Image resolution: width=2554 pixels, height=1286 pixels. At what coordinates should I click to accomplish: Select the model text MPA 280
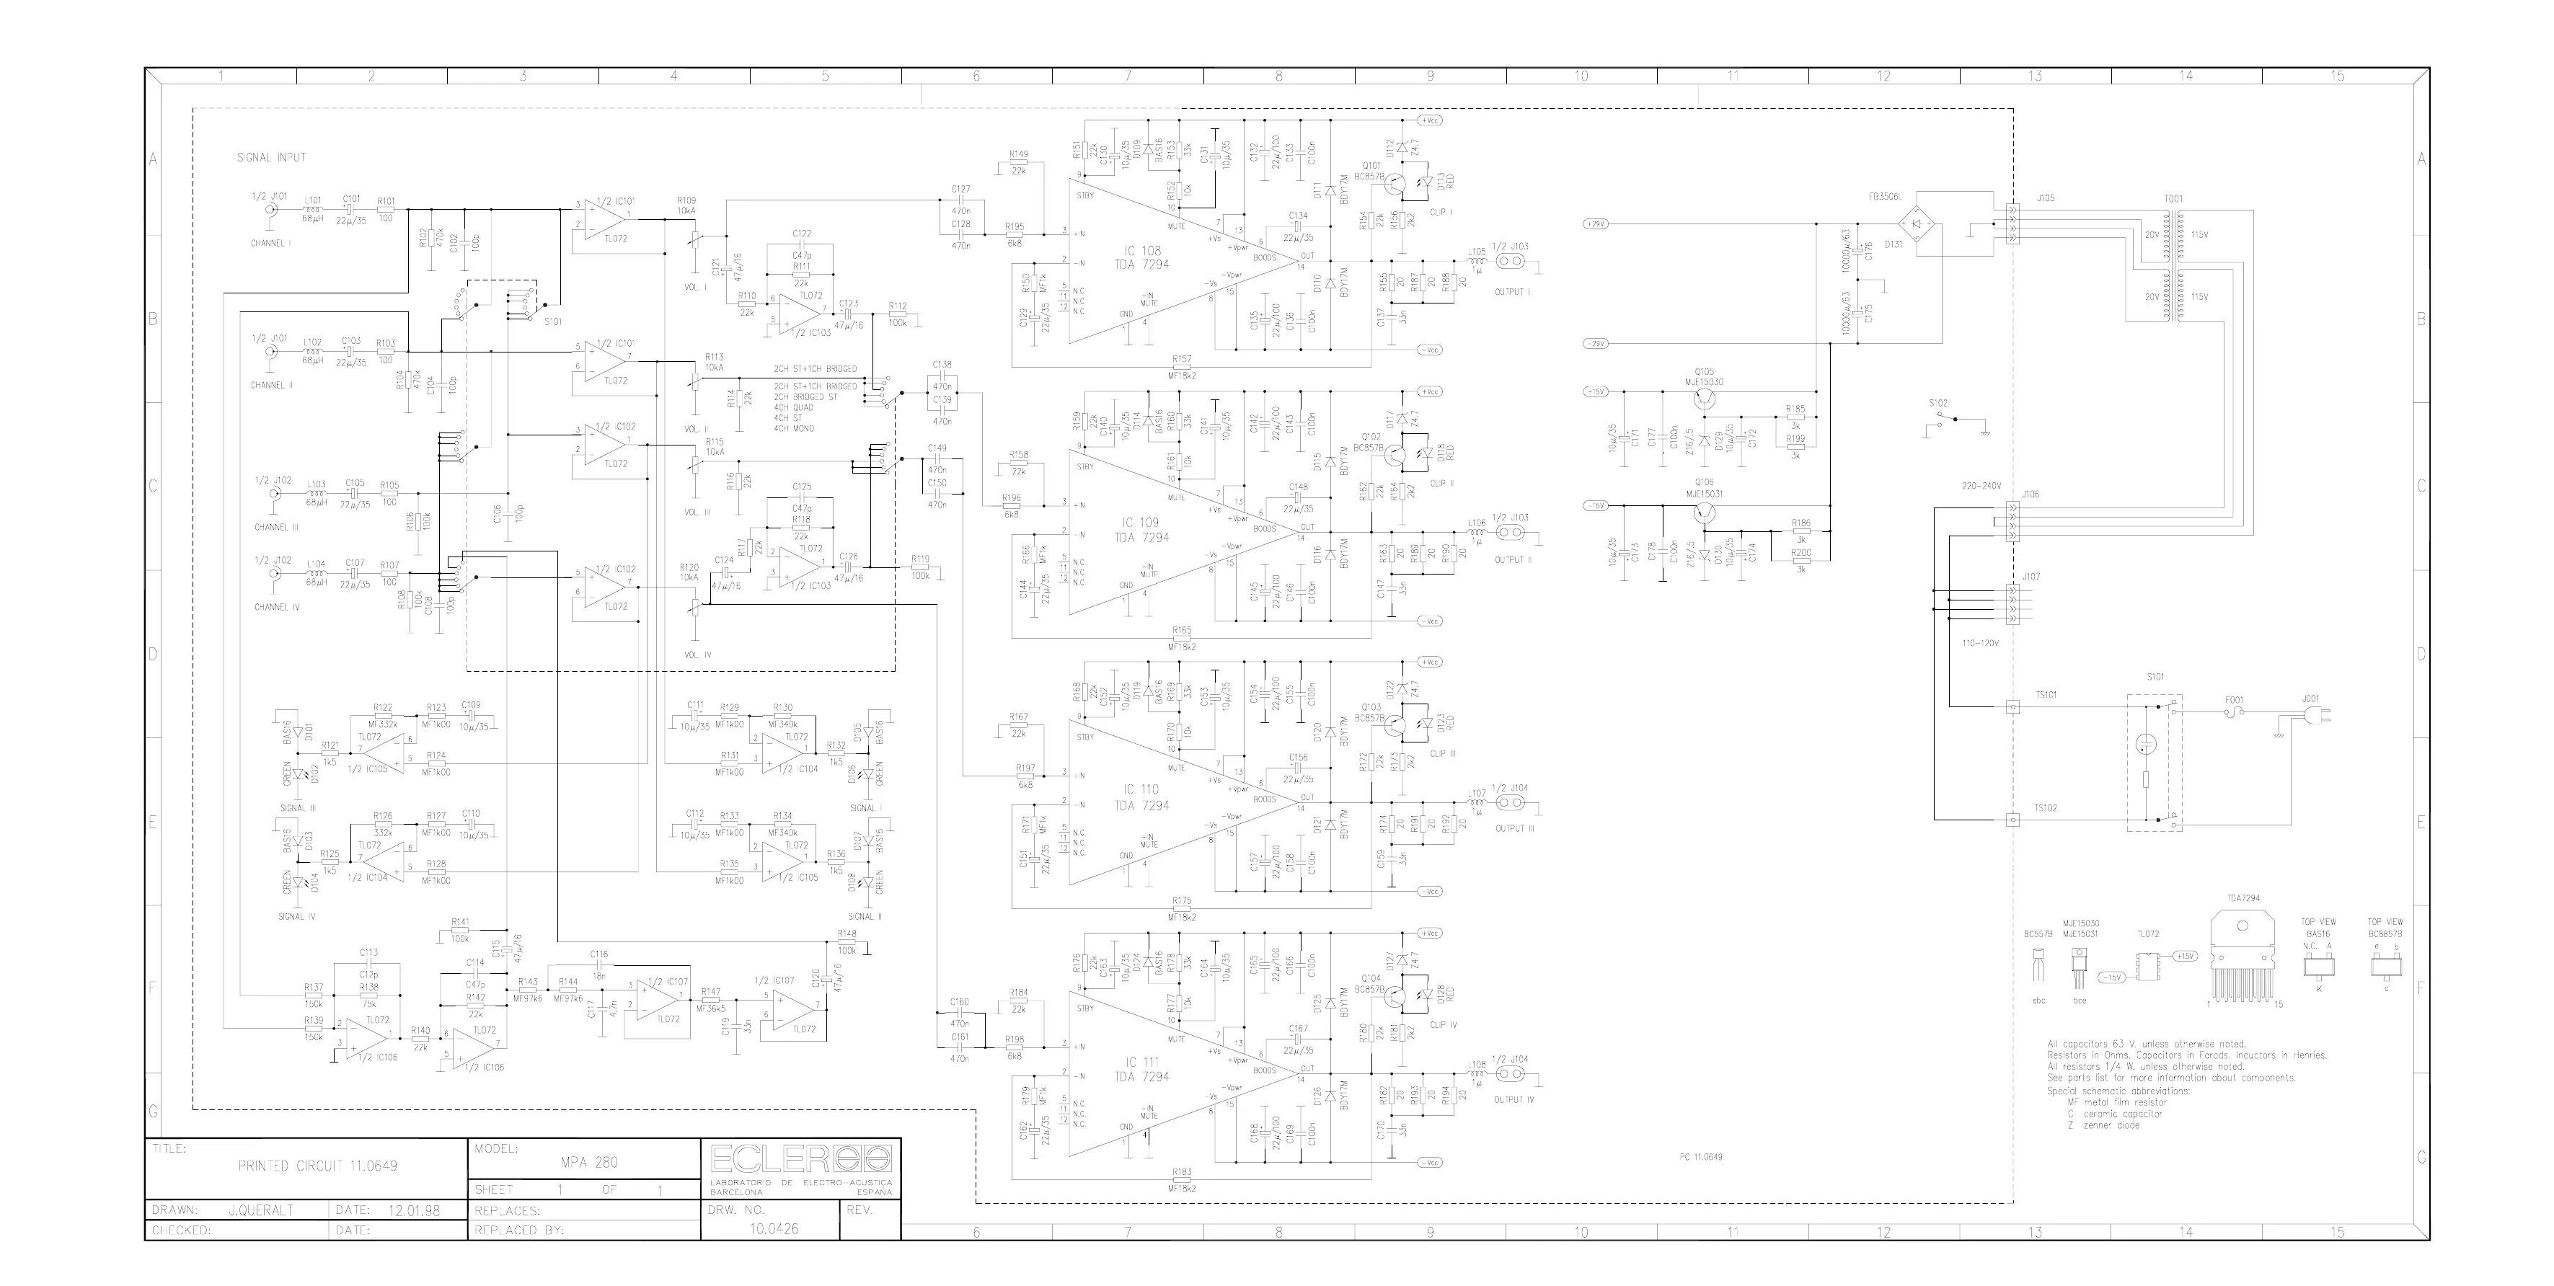[x=592, y=1162]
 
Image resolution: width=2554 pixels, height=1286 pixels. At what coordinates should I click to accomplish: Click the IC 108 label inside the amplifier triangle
[x=1141, y=252]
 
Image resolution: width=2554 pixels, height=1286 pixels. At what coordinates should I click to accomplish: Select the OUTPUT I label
[x=1512, y=293]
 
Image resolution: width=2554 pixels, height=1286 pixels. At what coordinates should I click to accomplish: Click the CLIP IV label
[x=1444, y=1024]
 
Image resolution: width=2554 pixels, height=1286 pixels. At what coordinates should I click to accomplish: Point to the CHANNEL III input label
[x=277, y=528]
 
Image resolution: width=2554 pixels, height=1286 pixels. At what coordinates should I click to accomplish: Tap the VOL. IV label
[x=697, y=655]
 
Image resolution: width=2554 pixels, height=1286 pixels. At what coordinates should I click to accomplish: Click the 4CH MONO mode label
[x=793, y=428]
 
